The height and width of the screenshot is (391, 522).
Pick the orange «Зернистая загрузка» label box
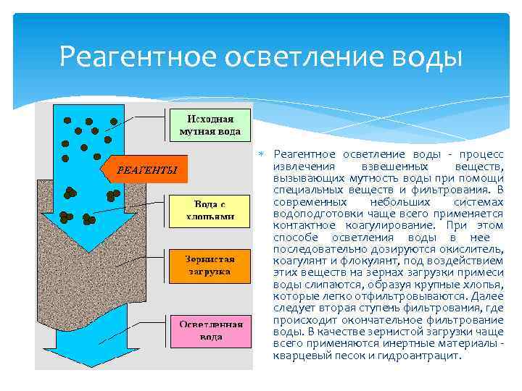click(x=210, y=265)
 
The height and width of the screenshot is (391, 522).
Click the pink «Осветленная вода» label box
click(x=210, y=330)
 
